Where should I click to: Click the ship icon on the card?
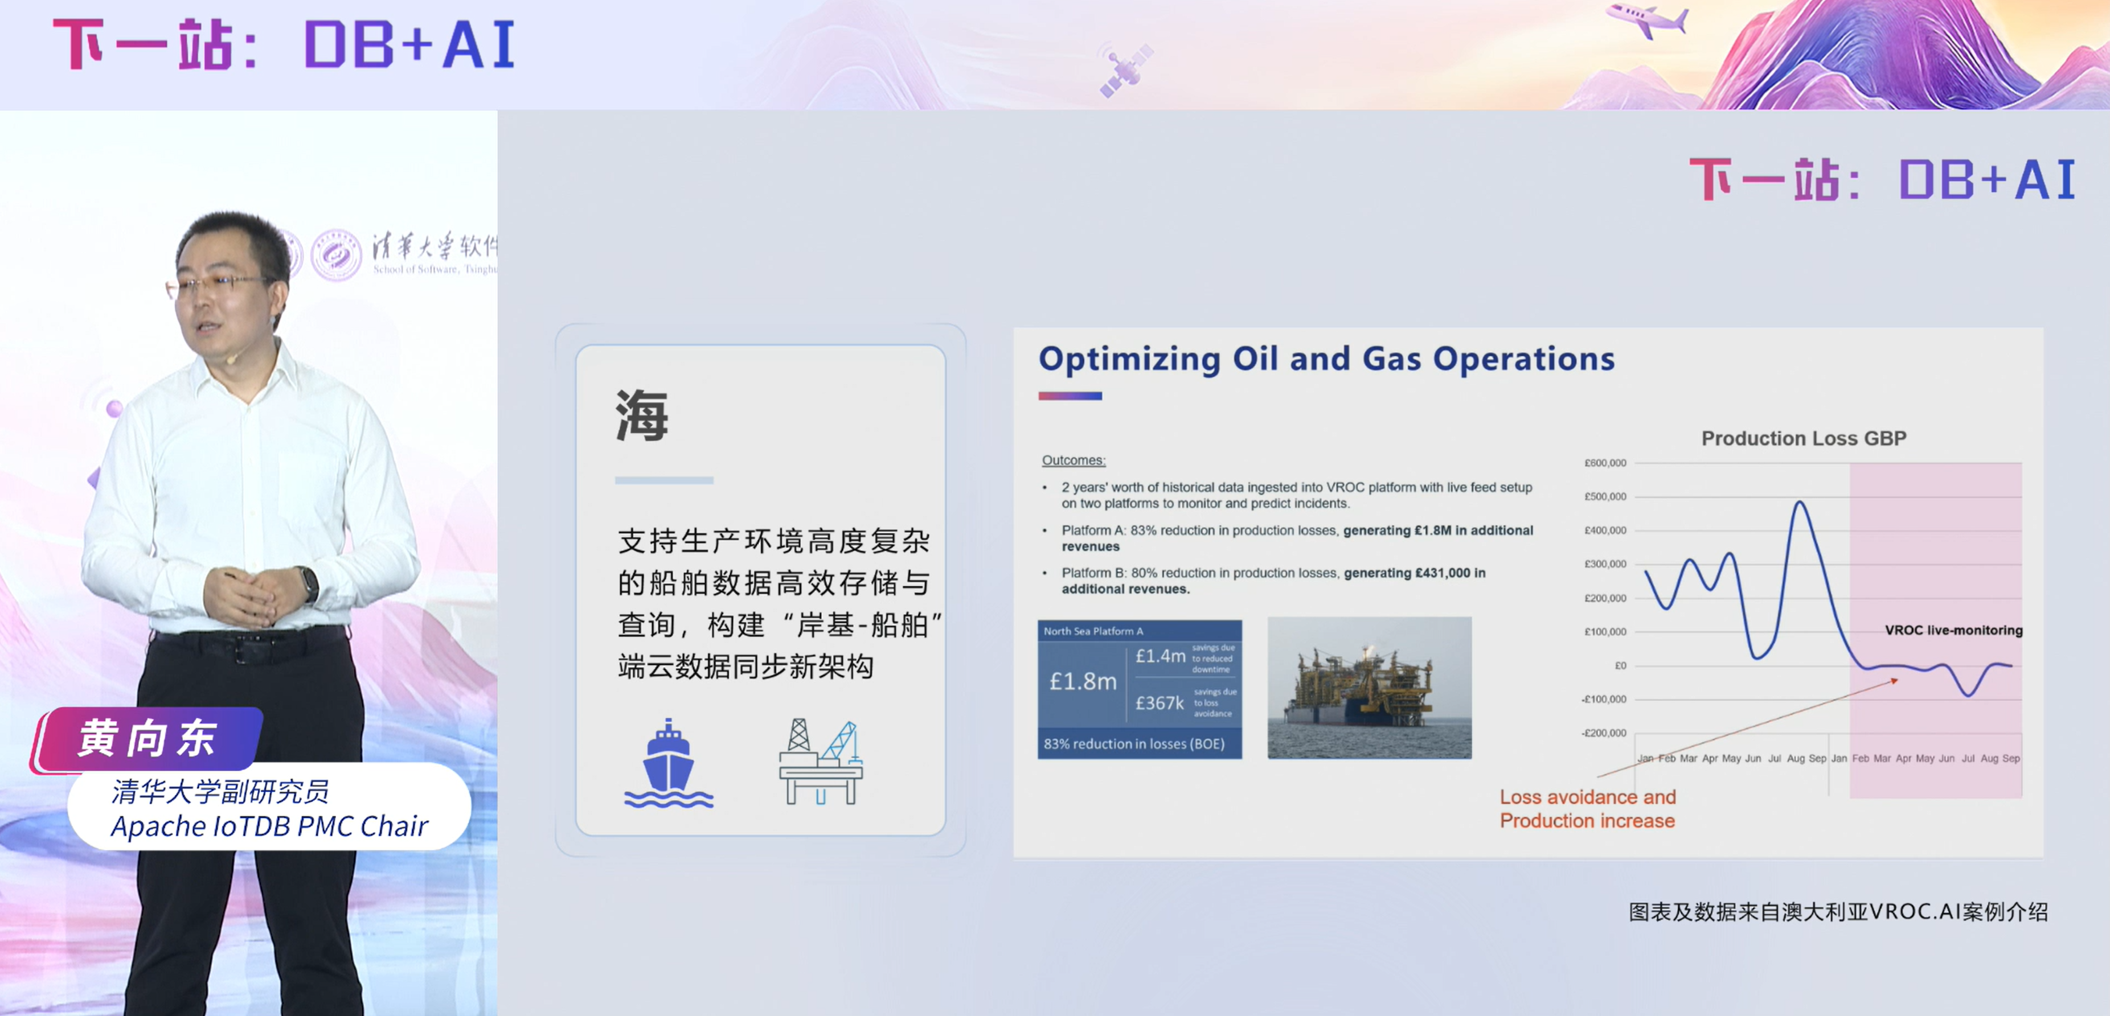click(669, 764)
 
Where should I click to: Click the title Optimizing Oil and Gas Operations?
click(1326, 359)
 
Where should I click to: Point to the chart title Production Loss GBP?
click(1803, 438)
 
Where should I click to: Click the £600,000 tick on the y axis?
click(1605, 463)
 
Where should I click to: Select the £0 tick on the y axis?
click(1619, 665)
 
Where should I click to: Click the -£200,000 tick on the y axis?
click(1604, 733)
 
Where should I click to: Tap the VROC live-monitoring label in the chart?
click(1953, 630)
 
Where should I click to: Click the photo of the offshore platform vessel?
click(1369, 688)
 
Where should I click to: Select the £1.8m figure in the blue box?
click(1083, 681)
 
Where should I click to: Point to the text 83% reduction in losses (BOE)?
click(1134, 743)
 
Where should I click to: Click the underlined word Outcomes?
click(1073, 460)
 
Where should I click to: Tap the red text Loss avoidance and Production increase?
click(1587, 809)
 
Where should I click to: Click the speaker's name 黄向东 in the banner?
click(148, 738)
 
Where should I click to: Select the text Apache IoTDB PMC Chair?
click(269, 826)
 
